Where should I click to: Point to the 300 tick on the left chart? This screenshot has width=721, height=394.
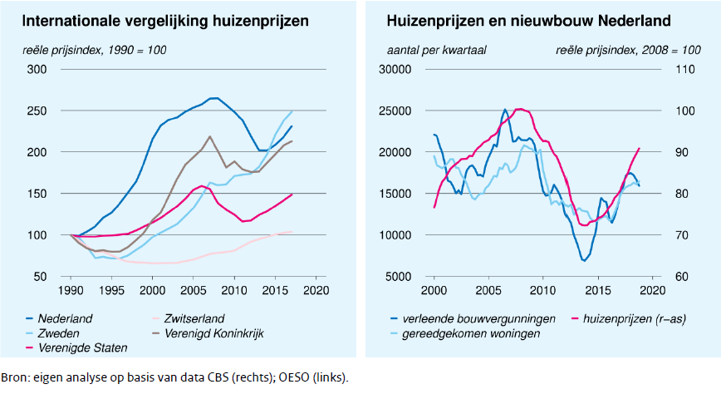pos(37,69)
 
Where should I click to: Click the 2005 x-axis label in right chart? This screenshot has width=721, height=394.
pos(488,290)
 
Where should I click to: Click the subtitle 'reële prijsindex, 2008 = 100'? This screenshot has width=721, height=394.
pos(628,50)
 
